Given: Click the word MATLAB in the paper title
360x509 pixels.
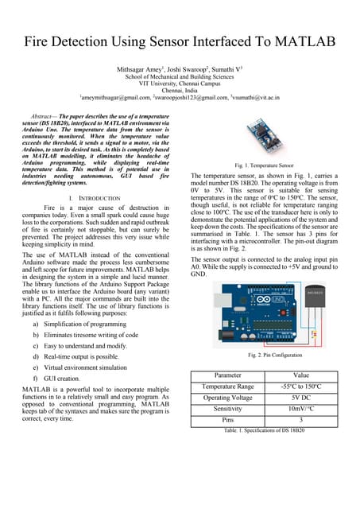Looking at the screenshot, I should click(302, 41).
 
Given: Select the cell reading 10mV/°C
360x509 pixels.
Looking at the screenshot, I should click(301, 408).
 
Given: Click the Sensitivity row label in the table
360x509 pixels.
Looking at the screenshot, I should click(228, 408).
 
